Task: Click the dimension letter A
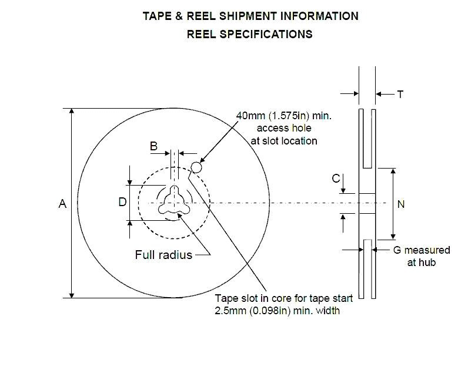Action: (62, 204)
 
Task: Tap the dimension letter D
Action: (122, 202)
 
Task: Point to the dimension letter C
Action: (336, 178)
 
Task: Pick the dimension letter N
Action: (402, 204)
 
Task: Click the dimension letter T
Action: (400, 94)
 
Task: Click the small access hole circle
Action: (197, 167)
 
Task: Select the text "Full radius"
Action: (163, 255)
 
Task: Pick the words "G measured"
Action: (421, 250)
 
